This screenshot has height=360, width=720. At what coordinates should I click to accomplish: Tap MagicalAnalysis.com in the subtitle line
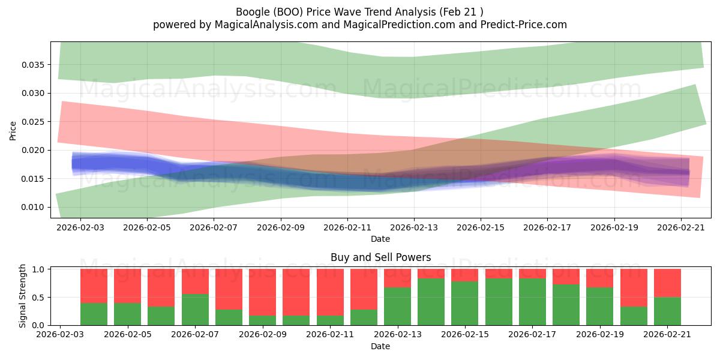click(266, 25)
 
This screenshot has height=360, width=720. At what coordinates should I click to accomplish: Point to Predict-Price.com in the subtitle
click(524, 25)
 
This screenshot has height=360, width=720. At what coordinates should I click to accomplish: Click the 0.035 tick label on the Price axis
click(32, 65)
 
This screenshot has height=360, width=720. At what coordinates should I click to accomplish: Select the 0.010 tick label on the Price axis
click(32, 208)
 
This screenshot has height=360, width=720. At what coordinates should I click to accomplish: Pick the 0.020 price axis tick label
click(32, 151)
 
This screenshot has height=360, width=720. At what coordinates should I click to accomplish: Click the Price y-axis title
click(13, 131)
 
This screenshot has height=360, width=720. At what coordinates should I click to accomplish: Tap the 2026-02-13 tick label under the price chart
click(414, 227)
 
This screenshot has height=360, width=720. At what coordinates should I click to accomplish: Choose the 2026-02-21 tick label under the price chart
click(681, 227)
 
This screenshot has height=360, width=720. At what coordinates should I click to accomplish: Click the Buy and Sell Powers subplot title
click(380, 257)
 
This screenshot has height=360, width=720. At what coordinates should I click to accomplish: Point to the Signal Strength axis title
click(22, 296)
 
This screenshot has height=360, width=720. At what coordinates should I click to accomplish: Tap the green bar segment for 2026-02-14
click(431, 302)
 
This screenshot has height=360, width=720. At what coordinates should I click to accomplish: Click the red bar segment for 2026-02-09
click(262, 292)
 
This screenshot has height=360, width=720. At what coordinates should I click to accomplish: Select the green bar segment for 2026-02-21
click(667, 311)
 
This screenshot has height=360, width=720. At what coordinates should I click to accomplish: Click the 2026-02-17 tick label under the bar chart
click(532, 335)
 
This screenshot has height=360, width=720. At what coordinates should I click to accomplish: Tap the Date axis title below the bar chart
click(380, 347)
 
